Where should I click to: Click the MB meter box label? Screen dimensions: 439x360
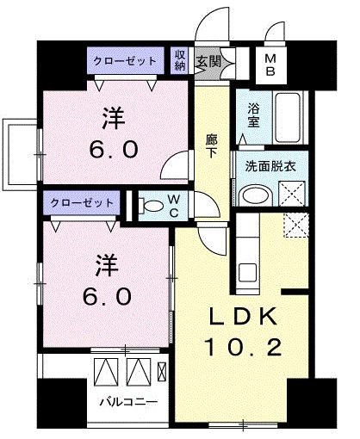tap(270, 64)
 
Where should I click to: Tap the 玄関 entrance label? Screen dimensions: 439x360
tap(207, 61)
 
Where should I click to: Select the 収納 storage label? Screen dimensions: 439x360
tap(181, 60)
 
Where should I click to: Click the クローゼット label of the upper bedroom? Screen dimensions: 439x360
tap(126, 61)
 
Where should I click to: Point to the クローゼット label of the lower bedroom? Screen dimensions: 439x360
tap(83, 202)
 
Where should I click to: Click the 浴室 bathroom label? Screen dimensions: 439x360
tap(253, 115)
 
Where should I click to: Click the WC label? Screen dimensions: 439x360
tap(173, 207)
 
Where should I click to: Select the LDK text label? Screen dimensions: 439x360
tap(242, 317)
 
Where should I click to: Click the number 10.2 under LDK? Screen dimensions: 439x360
tap(242, 349)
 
